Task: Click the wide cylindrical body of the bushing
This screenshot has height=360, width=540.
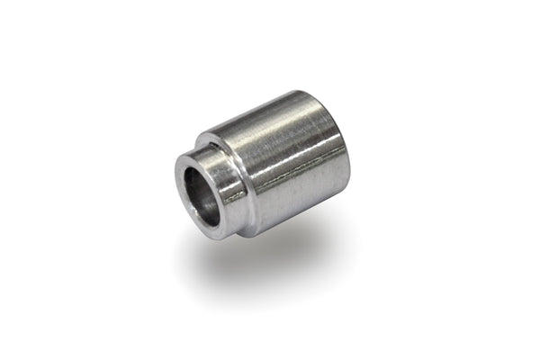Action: pos(288,166)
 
